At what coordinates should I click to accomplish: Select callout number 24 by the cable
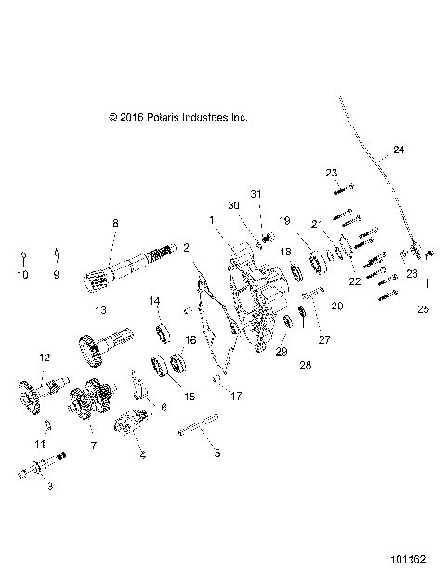click(x=398, y=150)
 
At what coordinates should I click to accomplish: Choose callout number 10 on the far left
click(x=23, y=275)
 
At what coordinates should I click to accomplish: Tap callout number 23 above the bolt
click(x=332, y=173)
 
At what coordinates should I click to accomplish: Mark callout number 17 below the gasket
click(x=236, y=396)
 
